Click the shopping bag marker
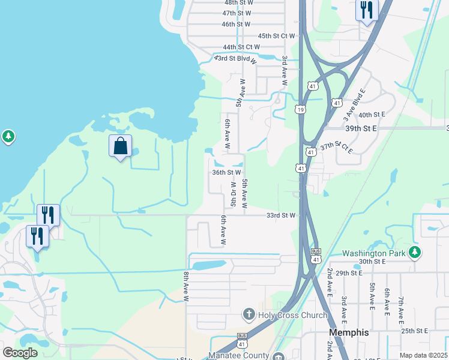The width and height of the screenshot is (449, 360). point(120,146)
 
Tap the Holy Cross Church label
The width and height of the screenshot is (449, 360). point(292,315)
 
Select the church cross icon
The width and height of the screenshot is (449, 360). point(249,314)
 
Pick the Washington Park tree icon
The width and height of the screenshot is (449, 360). point(414,252)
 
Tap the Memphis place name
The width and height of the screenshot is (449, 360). point(349,332)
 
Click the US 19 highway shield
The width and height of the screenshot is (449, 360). point(300,109)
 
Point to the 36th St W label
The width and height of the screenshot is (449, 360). point(226,172)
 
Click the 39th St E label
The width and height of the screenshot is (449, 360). point(361,128)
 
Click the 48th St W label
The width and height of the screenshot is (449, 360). point(238,3)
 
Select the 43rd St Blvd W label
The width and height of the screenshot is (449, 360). point(236,59)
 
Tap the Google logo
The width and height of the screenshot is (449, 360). point(20,352)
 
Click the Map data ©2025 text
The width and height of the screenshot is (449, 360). point(423,355)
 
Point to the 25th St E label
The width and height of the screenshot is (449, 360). point(415,331)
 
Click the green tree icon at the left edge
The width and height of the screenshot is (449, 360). point(8,137)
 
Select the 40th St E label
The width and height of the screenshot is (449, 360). point(372,115)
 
